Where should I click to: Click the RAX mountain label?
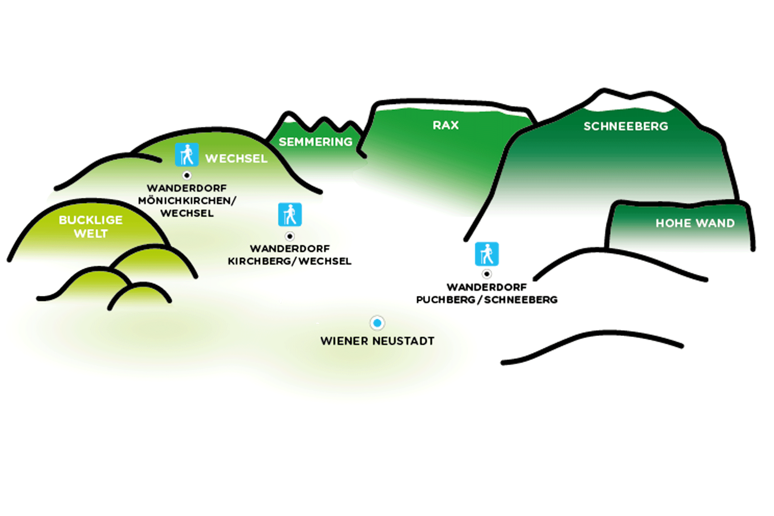pyautogui.click(x=446, y=125)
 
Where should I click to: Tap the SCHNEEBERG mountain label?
pyautogui.click(x=625, y=126)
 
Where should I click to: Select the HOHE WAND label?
pyautogui.click(x=695, y=223)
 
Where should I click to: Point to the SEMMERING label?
pyautogui.click(x=315, y=142)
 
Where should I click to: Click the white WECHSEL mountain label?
pyautogui.click(x=236, y=158)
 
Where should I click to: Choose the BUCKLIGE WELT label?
pyautogui.click(x=91, y=226)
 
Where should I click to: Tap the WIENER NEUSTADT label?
pyautogui.click(x=377, y=341)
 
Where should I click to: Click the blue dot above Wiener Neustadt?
pyautogui.click(x=377, y=323)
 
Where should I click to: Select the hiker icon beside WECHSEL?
pyautogui.click(x=187, y=155)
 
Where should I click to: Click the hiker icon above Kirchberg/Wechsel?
pyautogui.click(x=290, y=214)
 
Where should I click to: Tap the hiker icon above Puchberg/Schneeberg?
pyautogui.click(x=487, y=254)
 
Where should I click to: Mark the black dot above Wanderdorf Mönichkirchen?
pyautogui.click(x=187, y=175)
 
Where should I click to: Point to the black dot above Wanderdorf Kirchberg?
pyautogui.click(x=290, y=236)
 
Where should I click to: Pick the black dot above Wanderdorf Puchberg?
pyautogui.click(x=487, y=274)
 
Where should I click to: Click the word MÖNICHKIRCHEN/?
pyautogui.click(x=187, y=201)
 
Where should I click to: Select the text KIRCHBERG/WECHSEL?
pyautogui.click(x=289, y=261)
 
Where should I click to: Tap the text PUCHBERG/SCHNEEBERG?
pyautogui.click(x=487, y=300)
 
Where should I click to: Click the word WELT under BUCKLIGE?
pyautogui.click(x=91, y=234)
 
